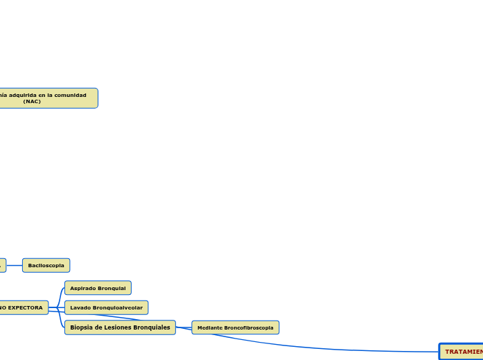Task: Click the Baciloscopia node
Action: tap(46, 265)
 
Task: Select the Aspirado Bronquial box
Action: tap(98, 288)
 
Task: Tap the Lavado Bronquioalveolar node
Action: tap(106, 307)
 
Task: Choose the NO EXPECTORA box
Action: tap(23, 307)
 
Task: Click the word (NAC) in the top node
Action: tap(32, 101)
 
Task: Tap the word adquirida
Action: tap(24, 95)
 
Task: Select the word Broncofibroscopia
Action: tap(248, 327)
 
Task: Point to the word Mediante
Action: tap(209, 327)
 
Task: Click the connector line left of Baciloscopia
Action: tap(14, 265)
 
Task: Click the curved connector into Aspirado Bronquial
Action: tap(60, 294)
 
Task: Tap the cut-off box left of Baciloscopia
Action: tap(2, 265)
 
